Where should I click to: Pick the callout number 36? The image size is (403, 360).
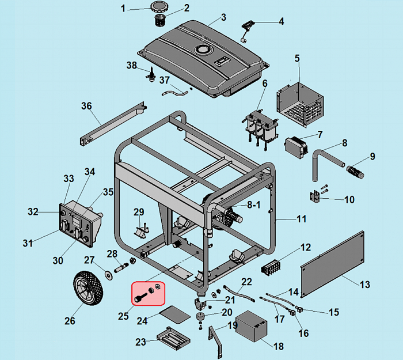pos(86,106)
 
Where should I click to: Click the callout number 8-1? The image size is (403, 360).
pos(254,204)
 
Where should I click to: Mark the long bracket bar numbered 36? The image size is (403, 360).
pos(112,123)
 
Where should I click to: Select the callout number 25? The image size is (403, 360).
pos(123,316)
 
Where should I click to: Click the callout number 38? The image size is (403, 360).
pos(132,65)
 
